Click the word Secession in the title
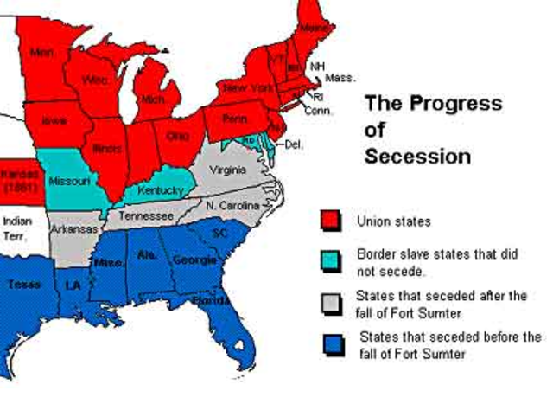click(417, 157)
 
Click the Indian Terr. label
click(16, 227)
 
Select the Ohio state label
click(178, 136)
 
